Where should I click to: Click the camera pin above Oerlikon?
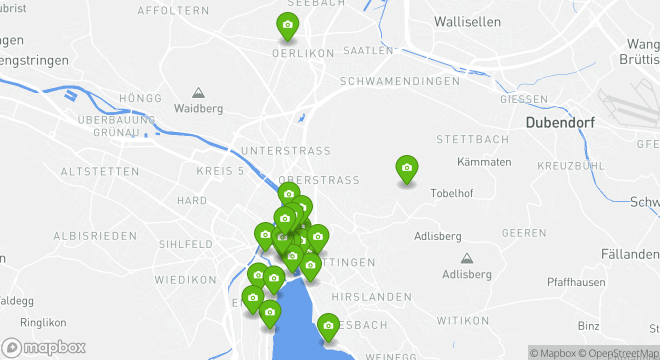pyautogui.click(x=287, y=25)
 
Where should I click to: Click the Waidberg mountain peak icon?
pyautogui.click(x=198, y=93)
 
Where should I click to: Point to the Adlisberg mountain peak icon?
pyautogui.click(x=467, y=258)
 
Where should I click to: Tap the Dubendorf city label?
pyautogui.click(x=560, y=122)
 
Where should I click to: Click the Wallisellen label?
pyautogui.click(x=467, y=22)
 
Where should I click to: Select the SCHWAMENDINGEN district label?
pyautogui.click(x=399, y=81)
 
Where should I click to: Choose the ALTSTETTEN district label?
pyautogui.click(x=100, y=172)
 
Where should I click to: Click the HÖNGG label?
pyautogui.click(x=140, y=98)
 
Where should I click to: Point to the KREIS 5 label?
pyautogui.click(x=220, y=171)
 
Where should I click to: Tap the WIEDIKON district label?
pyautogui.click(x=185, y=280)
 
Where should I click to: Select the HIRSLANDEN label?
pyautogui.click(x=371, y=297)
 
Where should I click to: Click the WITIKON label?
pyautogui.click(x=463, y=320)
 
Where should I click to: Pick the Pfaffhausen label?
pyautogui.click(x=576, y=282)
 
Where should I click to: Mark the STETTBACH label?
pyautogui.click(x=472, y=139)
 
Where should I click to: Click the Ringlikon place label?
pyautogui.click(x=43, y=323)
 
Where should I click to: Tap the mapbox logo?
pyautogui.click(x=44, y=347)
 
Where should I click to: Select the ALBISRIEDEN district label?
pyautogui.click(x=95, y=236)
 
